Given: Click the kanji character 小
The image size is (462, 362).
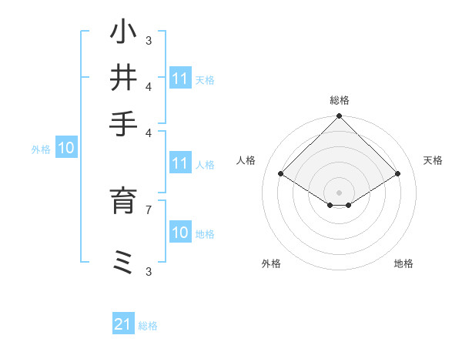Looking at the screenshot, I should coord(123,33).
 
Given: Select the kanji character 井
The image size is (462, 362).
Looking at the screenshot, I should coord(123,78).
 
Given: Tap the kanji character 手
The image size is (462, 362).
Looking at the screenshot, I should coord(123,123).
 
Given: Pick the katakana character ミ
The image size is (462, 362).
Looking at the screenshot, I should coord(123,263).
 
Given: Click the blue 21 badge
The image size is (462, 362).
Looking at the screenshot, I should coord(123,325).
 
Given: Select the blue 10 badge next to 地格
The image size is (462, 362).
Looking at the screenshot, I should coord(180,233).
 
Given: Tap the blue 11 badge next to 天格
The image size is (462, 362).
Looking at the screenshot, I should coord(180,79).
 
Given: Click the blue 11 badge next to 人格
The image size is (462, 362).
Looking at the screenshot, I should coord(180,164).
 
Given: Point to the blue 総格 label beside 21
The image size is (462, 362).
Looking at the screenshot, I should coord(148,326).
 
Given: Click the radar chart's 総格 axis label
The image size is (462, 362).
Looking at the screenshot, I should coord(340,100).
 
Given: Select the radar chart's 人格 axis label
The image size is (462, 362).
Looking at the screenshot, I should coord(246,160).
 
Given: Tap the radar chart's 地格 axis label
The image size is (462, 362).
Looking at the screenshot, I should coord(403,263).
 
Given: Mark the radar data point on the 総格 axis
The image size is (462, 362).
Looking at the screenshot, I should coord(340,117).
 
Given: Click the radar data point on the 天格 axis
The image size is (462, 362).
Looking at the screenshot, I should coord(398,174).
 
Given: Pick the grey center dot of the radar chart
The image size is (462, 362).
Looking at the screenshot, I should coord(340,192).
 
